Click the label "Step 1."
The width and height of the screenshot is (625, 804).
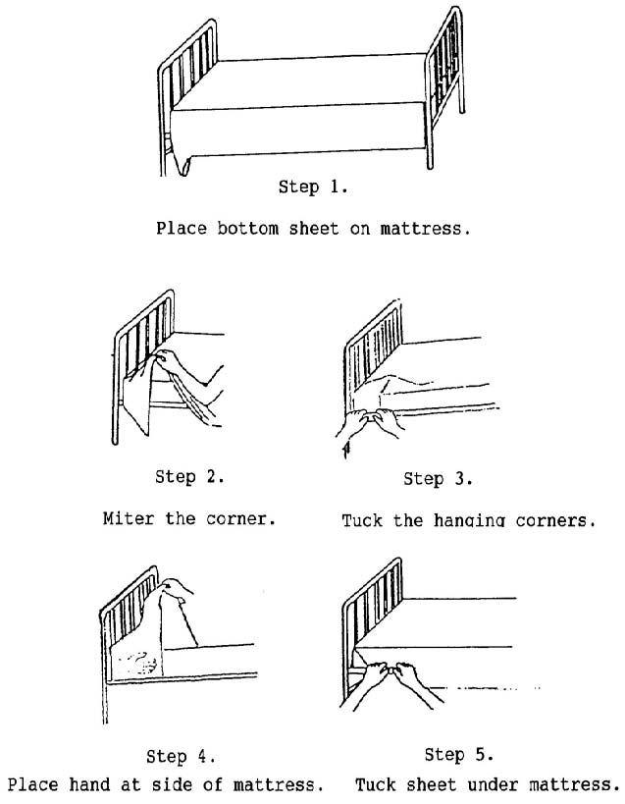click(313, 187)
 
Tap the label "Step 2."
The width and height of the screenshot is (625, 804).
click(189, 477)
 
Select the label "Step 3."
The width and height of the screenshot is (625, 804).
click(438, 479)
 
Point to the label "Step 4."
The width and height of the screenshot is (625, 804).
click(181, 757)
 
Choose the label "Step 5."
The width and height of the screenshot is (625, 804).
click(459, 755)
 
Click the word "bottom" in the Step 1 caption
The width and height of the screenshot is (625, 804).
click(247, 228)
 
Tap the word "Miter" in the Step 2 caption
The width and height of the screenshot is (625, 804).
click(129, 518)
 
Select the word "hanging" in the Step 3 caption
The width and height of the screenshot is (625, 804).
click(469, 521)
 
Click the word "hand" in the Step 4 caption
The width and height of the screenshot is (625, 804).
click(89, 784)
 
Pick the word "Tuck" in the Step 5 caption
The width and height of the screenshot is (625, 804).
click(376, 784)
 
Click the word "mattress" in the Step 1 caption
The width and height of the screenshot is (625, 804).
click(425, 228)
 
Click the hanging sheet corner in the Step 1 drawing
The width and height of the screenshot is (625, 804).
click(182, 164)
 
